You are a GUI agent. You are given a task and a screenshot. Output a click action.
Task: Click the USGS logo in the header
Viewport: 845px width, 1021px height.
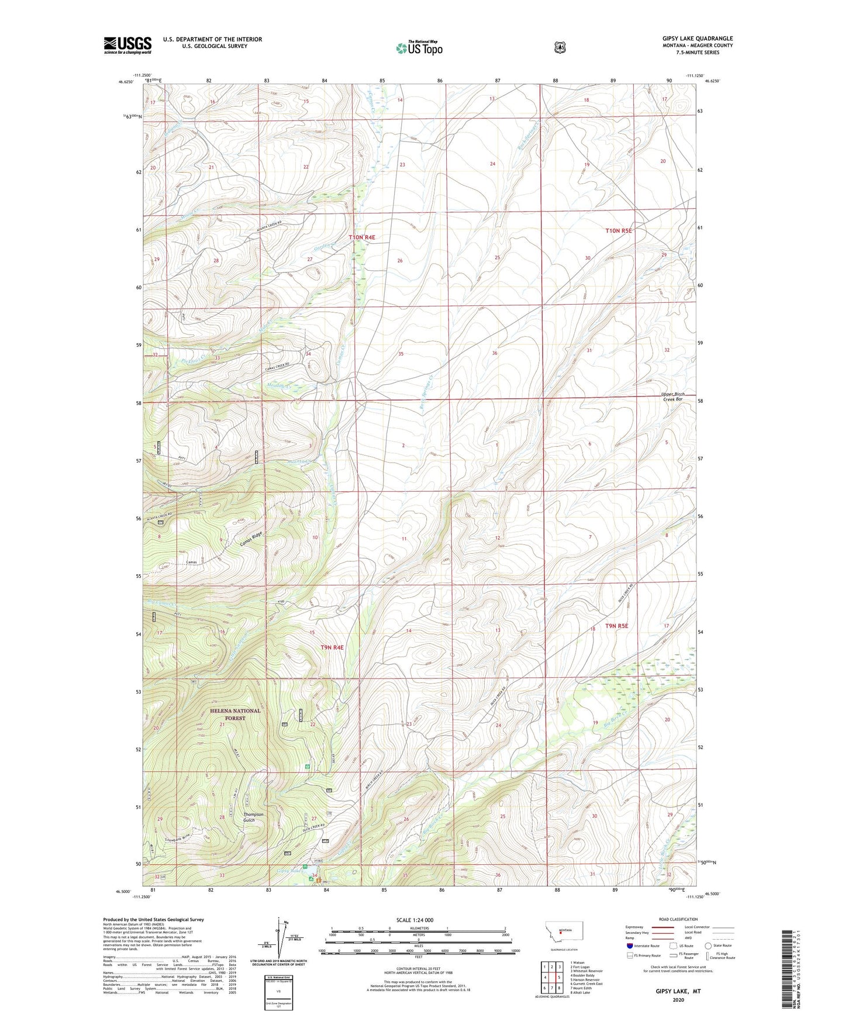(127, 45)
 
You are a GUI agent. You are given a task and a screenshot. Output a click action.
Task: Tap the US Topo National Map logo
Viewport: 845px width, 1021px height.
(418, 47)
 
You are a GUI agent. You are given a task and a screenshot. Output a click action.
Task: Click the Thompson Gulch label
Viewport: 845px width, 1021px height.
(253, 817)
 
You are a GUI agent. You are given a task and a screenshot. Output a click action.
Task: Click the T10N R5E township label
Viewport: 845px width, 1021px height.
(619, 231)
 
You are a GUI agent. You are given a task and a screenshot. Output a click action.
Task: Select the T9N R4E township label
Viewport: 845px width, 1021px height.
(332, 647)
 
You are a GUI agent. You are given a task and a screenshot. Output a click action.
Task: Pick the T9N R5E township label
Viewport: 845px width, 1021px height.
(617, 626)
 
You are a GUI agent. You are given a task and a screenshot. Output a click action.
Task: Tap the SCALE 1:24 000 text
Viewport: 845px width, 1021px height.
(415, 920)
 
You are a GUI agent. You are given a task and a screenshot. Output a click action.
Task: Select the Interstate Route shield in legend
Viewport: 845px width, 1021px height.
(629, 946)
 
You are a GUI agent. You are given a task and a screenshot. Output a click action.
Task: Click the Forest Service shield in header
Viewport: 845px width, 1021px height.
(560, 47)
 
